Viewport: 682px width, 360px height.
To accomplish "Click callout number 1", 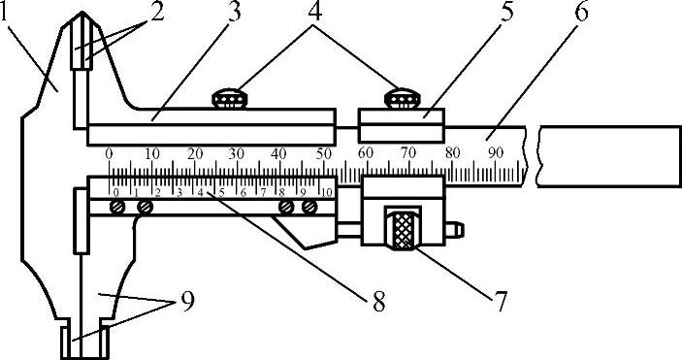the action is click(4, 13).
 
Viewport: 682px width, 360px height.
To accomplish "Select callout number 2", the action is click(156, 12).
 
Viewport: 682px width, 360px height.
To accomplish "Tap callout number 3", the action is click(234, 12).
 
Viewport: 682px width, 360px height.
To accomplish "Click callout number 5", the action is click(505, 12).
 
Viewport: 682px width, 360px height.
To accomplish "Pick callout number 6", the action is click(581, 12).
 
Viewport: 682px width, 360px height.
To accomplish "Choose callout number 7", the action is click(501, 301).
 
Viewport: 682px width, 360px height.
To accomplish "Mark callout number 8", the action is click(378, 301).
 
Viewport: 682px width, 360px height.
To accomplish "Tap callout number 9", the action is click(187, 301).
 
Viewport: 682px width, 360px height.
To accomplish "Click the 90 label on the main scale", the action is click(496, 152).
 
